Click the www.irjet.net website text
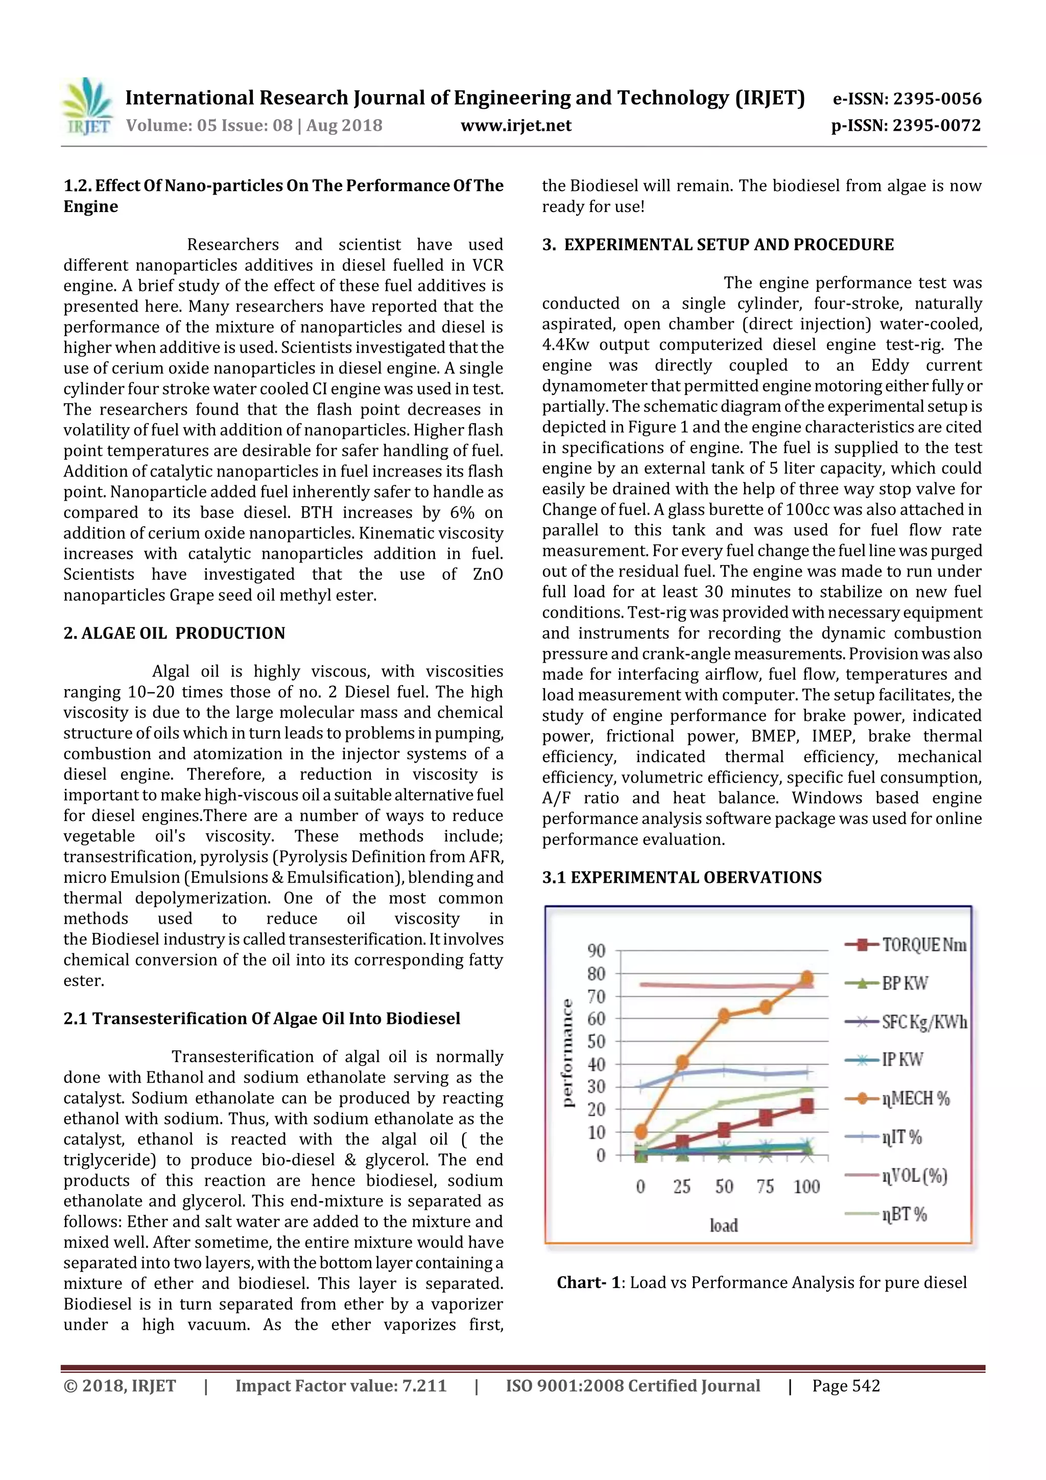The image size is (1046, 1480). click(x=515, y=125)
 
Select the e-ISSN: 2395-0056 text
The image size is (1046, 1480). click(x=907, y=99)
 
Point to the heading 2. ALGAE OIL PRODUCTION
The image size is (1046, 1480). click(x=174, y=633)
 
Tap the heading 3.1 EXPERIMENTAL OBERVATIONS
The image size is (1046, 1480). click(x=681, y=877)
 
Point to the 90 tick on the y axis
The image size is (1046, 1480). click(x=596, y=951)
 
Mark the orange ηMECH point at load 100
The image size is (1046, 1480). click(x=807, y=978)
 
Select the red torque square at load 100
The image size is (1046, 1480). click(x=807, y=1106)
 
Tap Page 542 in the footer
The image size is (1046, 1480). click(x=846, y=1386)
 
